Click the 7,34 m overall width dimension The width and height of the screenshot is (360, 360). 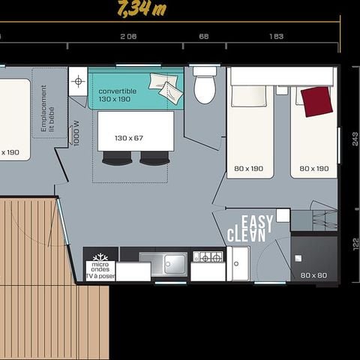142,9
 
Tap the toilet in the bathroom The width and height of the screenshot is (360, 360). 204,88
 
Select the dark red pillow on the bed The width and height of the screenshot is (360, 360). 317,101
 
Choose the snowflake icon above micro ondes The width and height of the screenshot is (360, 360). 100,257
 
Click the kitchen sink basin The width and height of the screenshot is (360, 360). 173,263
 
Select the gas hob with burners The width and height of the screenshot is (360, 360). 208,257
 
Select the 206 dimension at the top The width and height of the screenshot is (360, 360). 128,36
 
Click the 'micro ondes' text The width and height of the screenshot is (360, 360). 100,268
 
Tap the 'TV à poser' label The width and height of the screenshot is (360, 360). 100,277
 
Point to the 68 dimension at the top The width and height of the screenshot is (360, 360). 203,36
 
